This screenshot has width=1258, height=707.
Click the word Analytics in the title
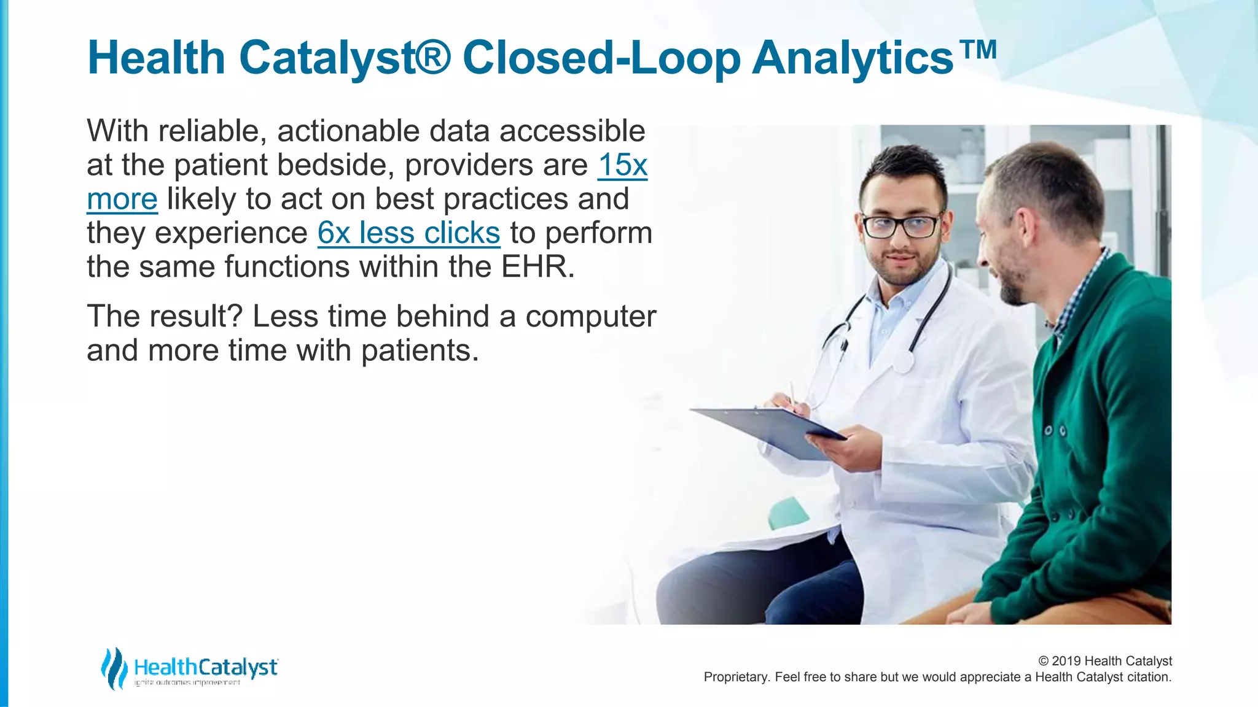(x=853, y=58)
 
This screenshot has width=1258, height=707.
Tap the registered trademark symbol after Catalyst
(x=434, y=57)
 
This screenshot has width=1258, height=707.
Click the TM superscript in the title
(x=978, y=49)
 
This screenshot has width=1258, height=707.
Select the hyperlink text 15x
(x=622, y=165)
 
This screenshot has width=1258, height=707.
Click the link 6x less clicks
(x=408, y=233)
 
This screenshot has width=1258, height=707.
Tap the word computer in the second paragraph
(x=590, y=317)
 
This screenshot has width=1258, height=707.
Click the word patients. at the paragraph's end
(x=419, y=350)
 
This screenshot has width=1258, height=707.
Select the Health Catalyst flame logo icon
(x=114, y=668)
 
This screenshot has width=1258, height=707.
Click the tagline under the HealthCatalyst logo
(x=187, y=682)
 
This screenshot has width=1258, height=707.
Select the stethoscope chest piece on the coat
(x=903, y=361)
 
